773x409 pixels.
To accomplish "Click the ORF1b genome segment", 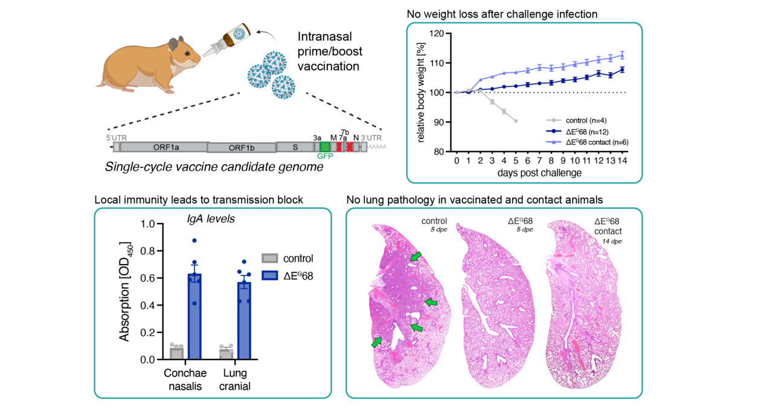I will pyautogui.click(x=241, y=147).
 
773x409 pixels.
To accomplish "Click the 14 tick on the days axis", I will pyautogui.click(x=623, y=162).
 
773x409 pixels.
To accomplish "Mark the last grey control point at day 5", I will pyautogui.click(x=515, y=121).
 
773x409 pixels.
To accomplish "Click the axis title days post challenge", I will pyautogui.click(x=539, y=173).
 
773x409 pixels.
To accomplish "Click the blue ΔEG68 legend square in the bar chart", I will pyautogui.click(x=270, y=276).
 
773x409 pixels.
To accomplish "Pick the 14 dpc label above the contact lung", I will pyautogui.click(x=611, y=241).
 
